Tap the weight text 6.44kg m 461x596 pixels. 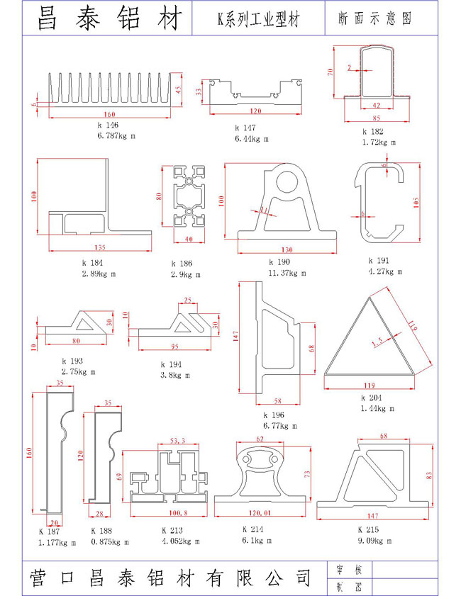coord(252,139)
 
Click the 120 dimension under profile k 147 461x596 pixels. coord(255,111)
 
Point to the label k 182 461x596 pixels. coord(372,132)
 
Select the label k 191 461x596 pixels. coord(379,262)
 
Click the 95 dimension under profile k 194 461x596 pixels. coord(175,347)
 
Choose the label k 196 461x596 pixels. coord(274,415)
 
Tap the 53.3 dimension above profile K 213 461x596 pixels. coord(178,441)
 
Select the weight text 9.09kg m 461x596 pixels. coord(375,540)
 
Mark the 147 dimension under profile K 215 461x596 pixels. coord(372,515)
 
